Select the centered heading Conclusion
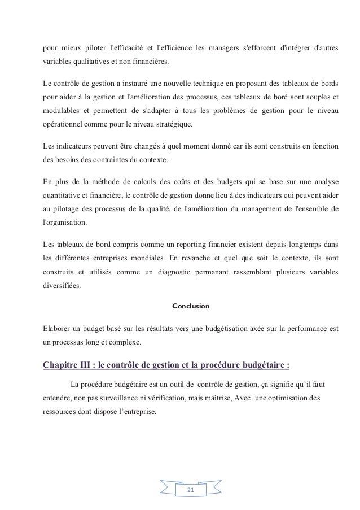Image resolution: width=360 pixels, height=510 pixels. pos(190,306)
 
